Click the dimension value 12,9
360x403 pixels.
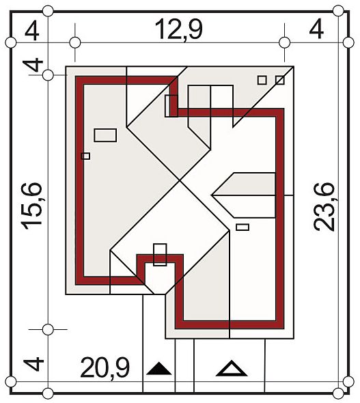point(179,29)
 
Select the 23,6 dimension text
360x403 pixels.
point(324,207)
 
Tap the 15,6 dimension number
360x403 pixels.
point(31,206)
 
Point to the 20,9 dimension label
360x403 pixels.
point(105,367)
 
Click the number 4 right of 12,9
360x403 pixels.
point(316,31)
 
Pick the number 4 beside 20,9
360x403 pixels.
point(33,364)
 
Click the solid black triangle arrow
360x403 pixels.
point(158,369)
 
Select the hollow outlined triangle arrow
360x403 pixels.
point(232,369)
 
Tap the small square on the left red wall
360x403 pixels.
point(85,156)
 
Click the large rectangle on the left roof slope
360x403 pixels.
point(105,135)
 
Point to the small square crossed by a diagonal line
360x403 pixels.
point(280,80)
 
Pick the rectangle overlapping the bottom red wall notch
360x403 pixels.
point(160,255)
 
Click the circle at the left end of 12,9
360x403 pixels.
point(75,42)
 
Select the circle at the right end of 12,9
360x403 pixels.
point(284,42)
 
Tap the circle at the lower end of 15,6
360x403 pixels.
point(48,329)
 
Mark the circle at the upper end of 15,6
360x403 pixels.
point(48,75)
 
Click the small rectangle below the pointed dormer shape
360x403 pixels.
point(243,227)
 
